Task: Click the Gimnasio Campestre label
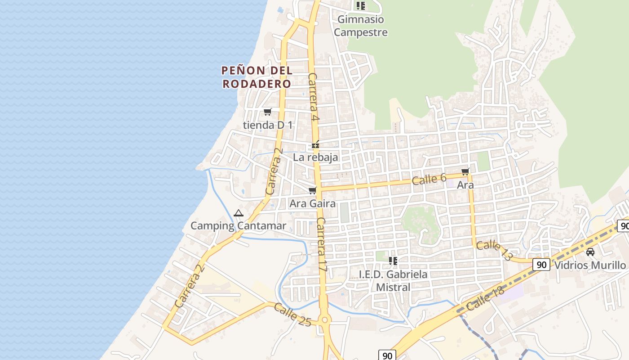[x=361, y=26]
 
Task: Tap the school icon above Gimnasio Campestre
[x=360, y=6]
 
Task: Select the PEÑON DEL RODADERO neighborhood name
[x=257, y=77]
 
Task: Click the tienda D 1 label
[x=268, y=125]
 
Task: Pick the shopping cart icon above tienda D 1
[x=268, y=112]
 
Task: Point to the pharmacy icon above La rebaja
[x=315, y=145]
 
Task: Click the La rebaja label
[x=315, y=157]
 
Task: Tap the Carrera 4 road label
[x=313, y=97]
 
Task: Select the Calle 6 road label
[x=429, y=179]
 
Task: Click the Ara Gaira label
[x=312, y=203]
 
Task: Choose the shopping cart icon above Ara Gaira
[x=313, y=191]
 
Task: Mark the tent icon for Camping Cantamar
[x=239, y=213]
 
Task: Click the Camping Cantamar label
[x=238, y=225]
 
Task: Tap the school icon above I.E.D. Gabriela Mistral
[x=393, y=261]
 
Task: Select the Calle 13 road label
[x=494, y=251]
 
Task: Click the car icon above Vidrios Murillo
[x=590, y=252]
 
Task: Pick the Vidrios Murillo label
[x=590, y=265]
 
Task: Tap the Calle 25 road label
[x=292, y=315]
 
